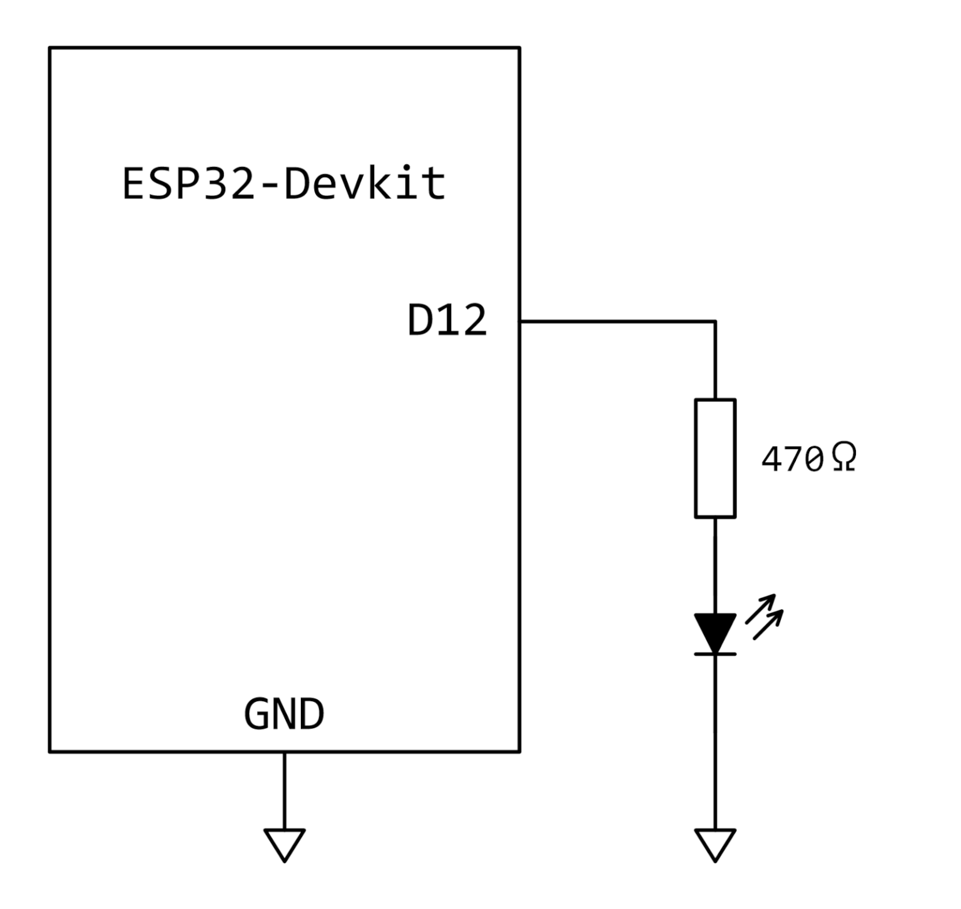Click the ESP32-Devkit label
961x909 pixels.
pos(283,183)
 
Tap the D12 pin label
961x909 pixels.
pos(447,321)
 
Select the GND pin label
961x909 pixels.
pos(284,714)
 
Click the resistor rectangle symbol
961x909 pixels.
pos(715,459)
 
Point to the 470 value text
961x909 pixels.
pos(792,460)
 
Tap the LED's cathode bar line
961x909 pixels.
pos(715,654)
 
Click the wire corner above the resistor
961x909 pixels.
pos(715,322)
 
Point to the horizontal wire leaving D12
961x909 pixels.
pos(616,322)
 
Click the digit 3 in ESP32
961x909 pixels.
pos(214,184)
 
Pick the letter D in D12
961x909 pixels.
pos(421,321)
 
